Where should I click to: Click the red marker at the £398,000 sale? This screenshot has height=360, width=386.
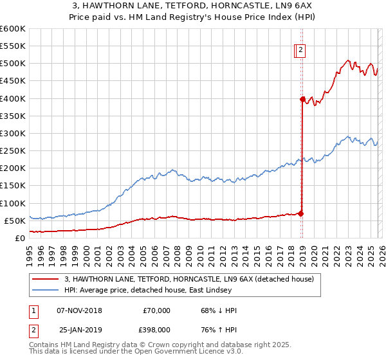point(302,99)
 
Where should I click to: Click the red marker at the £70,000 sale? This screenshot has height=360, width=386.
point(300,213)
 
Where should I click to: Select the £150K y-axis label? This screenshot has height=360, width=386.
point(13,185)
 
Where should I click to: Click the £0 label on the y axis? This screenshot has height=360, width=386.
point(19,238)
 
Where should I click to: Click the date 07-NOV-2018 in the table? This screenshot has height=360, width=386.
point(80,310)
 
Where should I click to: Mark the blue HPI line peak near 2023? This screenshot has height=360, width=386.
point(348,136)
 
